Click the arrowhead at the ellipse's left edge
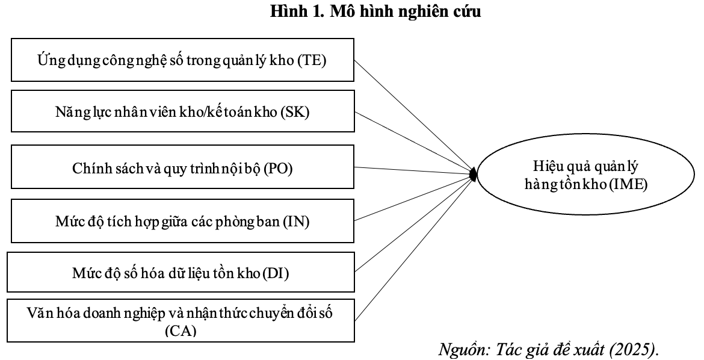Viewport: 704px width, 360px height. (x=474, y=175)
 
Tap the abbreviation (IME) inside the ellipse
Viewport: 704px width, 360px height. (x=626, y=185)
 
